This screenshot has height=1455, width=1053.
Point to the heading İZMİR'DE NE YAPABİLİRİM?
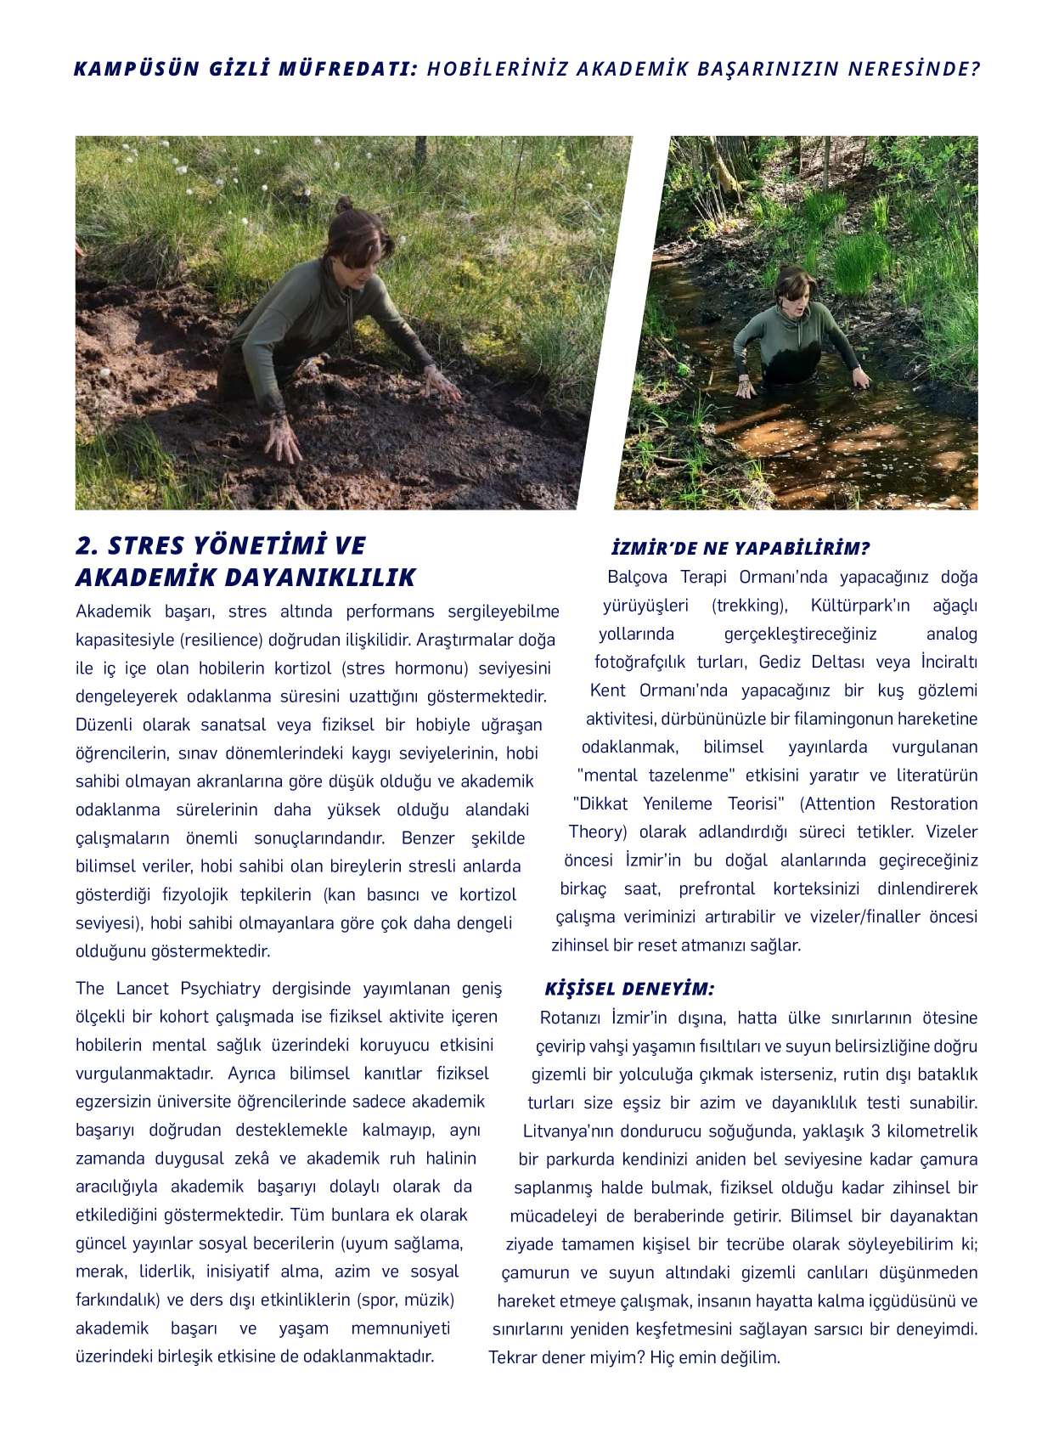[740, 548]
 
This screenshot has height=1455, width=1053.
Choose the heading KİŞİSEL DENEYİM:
[628, 989]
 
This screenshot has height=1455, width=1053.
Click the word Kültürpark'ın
[859, 605]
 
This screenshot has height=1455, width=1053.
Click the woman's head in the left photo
[355, 247]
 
